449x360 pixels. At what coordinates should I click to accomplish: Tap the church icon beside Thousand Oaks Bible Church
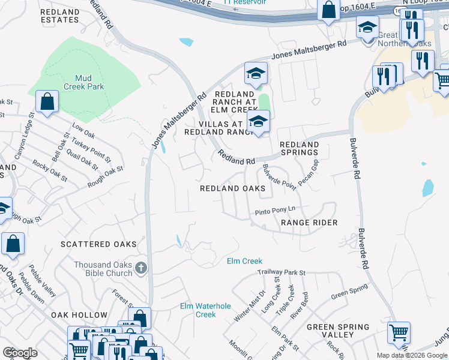pyautogui.click(x=140, y=268)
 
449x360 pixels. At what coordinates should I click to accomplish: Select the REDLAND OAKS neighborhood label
pyautogui.click(x=232, y=188)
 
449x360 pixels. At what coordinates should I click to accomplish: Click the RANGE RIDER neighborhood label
pyautogui.click(x=309, y=223)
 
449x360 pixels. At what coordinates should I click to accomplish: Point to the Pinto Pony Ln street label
pyautogui.click(x=276, y=211)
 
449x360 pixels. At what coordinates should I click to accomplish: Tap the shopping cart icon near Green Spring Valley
pyautogui.click(x=399, y=333)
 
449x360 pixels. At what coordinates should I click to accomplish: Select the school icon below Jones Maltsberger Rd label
pyautogui.click(x=256, y=74)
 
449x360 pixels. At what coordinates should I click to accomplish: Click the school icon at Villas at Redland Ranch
pyautogui.click(x=258, y=122)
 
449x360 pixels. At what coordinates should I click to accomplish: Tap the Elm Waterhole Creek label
pyautogui.click(x=206, y=310)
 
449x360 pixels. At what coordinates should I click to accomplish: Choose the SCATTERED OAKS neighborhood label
pyautogui.click(x=98, y=244)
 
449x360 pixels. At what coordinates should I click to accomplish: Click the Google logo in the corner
pyautogui.click(x=20, y=353)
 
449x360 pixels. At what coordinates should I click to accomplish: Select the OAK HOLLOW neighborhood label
pyautogui.click(x=79, y=315)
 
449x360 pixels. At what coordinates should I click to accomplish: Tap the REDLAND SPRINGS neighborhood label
pyautogui.click(x=299, y=148)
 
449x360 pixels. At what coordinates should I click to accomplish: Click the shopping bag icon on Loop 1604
pyautogui.click(x=328, y=10)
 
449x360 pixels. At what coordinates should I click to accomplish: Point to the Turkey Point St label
pyautogui.click(x=91, y=149)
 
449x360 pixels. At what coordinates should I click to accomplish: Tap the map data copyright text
pyautogui.click(x=411, y=355)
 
